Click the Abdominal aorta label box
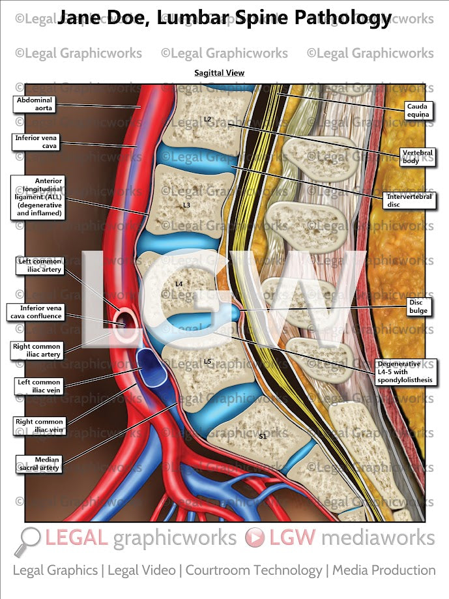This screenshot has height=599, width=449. click(36, 104)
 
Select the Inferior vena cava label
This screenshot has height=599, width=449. click(36, 142)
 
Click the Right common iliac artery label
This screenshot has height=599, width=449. click(36, 351)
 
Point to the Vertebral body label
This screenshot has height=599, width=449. click(416, 156)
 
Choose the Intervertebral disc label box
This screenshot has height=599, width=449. click(409, 199)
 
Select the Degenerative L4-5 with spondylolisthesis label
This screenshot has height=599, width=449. click(403, 372)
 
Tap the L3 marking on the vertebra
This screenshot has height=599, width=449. click(186, 205)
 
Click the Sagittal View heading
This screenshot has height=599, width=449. click(219, 73)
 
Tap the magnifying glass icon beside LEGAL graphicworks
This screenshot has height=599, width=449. click(27, 540)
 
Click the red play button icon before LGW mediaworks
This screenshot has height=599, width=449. click(255, 538)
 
